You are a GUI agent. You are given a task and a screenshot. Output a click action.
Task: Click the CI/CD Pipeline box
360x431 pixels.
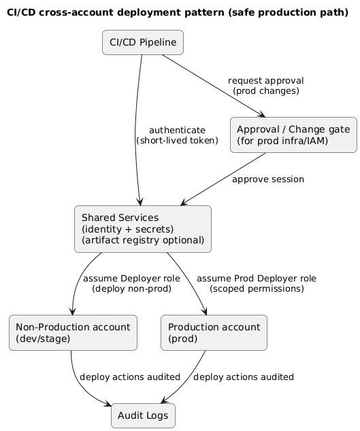point(143,43)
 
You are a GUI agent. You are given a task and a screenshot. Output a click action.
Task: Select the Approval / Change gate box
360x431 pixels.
point(293,135)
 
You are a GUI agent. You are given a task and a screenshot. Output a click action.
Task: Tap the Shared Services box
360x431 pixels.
point(143,229)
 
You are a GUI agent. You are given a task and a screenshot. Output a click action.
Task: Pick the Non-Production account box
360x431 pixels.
point(73,332)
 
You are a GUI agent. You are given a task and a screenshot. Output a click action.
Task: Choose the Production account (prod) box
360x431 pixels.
point(214,332)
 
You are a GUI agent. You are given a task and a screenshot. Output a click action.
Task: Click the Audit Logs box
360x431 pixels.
point(143,416)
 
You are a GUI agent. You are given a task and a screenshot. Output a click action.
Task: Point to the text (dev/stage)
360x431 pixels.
point(43,339)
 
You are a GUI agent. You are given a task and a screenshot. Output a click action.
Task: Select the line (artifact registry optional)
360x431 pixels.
point(143,241)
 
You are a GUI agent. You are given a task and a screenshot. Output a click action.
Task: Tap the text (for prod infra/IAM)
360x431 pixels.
point(282,141)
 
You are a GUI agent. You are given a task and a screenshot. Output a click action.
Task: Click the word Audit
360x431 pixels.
point(130,416)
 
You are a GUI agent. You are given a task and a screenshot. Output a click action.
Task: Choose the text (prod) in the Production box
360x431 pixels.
point(182,339)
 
